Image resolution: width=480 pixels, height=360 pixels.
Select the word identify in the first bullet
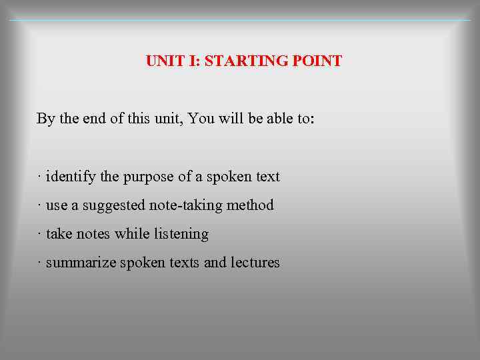point(71,177)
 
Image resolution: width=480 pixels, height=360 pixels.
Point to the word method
point(250,205)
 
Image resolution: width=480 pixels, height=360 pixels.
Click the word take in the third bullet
point(59,234)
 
